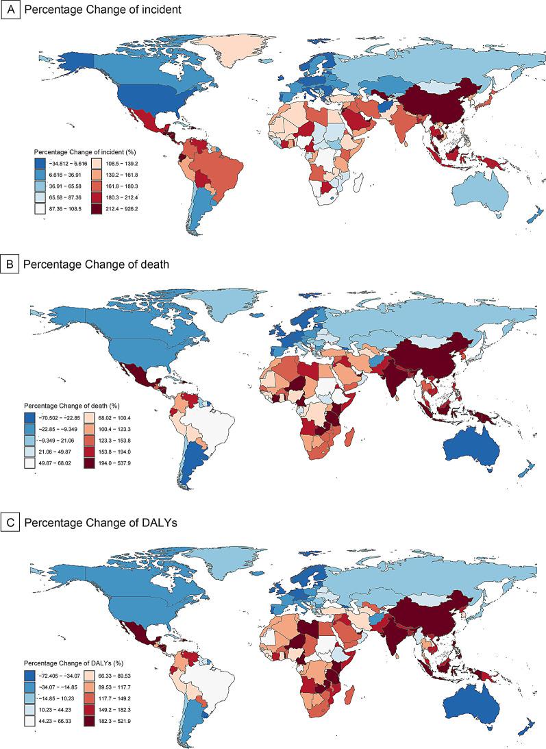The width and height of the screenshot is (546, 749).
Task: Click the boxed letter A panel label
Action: coord(10,10)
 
